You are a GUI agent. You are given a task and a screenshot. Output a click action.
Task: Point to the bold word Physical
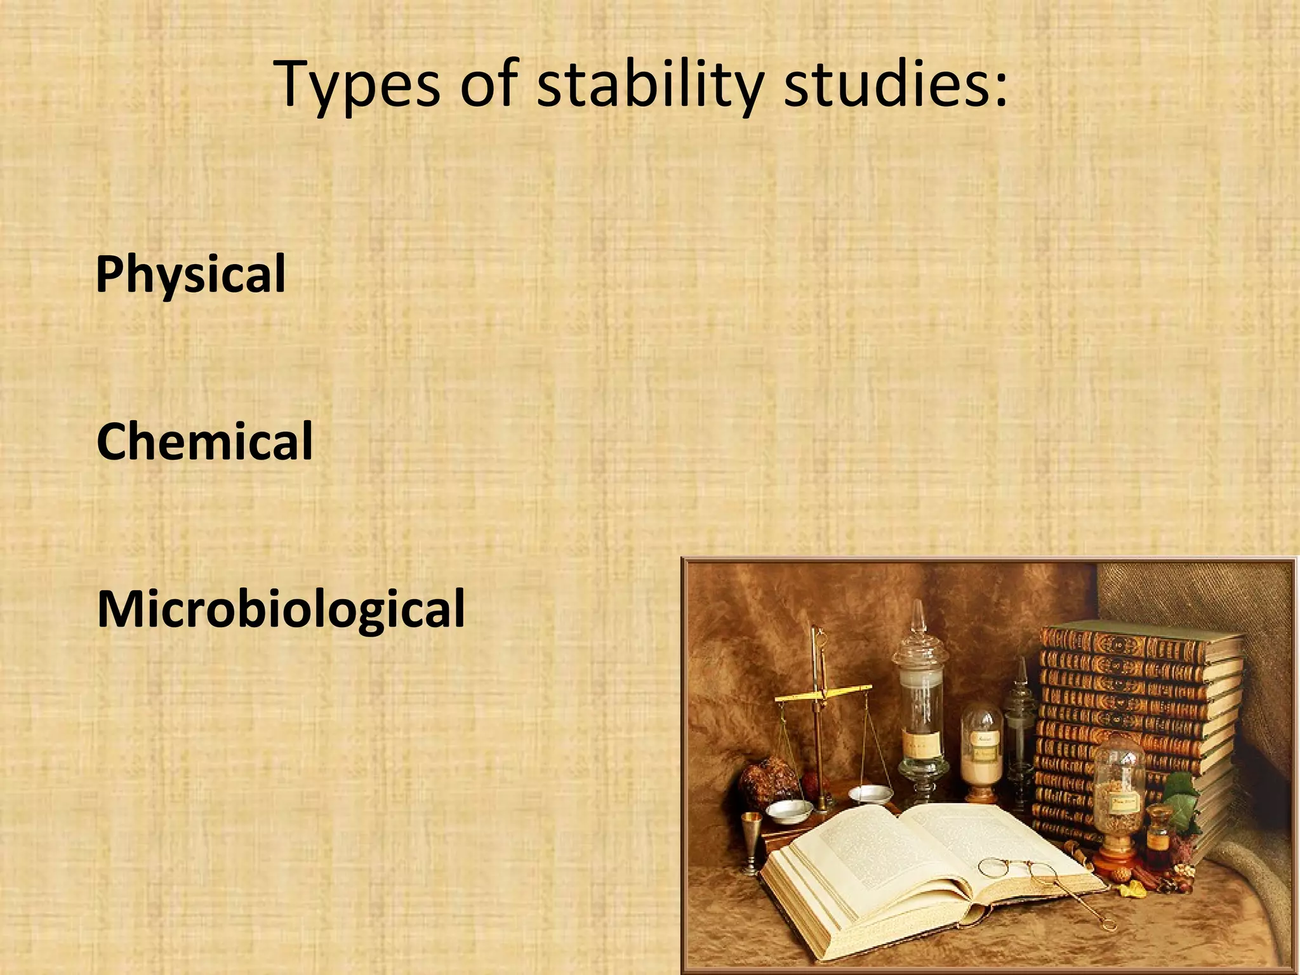click(x=190, y=274)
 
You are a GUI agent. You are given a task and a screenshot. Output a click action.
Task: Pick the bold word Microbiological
click(x=281, y=609)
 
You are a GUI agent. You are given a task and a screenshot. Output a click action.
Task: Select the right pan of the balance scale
click(x=871, y=793)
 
